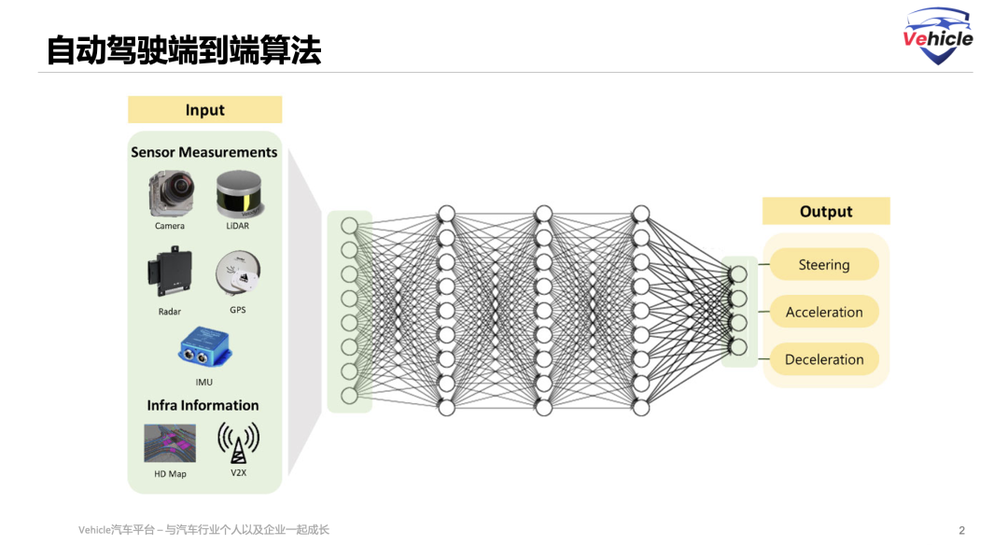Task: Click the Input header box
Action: [x=204, y=110]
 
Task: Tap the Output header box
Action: [x=826, y=212]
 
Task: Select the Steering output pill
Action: [x=824, y=265]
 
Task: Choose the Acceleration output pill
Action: [x=824, y=313]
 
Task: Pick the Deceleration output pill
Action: [x=824, y=359]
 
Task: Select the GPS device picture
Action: [x=237, y=275]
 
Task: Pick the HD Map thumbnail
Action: [x=170, y=443]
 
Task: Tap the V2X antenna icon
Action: [x=238, y=442]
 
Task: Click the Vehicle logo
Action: [x=938, y=35]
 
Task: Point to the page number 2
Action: [x=961, y=530]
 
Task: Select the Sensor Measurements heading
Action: [x=204, y=152]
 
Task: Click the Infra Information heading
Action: [x=203, y=405]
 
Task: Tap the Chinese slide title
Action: [x=184, y=50]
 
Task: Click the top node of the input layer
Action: [x=350, y=226]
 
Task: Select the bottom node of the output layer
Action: [x=738, y=347]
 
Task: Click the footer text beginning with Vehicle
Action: [x=203, y=530]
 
